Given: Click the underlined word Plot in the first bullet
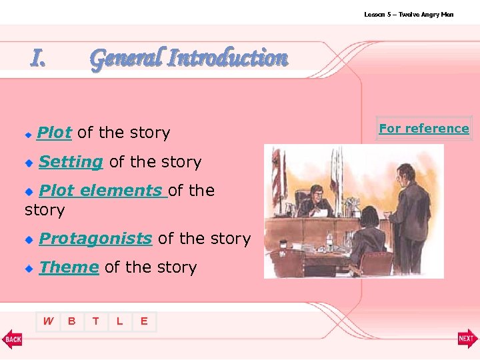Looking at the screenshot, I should (x=54, y=133).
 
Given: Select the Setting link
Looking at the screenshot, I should (x=71, y=161).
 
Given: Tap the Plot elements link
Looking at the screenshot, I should (x=103, y=190).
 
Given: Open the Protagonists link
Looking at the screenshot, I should (x=95, y=238).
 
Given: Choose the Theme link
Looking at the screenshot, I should (x=69, y=267).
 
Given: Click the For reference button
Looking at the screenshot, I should (x=424, y=128).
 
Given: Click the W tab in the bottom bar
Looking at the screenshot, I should (x=48, y=321).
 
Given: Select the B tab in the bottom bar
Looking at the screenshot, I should (x=72, y=321).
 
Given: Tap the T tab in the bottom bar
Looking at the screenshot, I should (x=96, y=321).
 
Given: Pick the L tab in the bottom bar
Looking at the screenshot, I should (x=120, y=321).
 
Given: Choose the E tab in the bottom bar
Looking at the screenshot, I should (x=144, y=321).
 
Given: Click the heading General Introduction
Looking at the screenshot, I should (x=189, y=58).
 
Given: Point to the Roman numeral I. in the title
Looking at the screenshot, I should (x=39, y=59).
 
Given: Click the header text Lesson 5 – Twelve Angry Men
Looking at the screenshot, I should (x=408, y=14).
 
